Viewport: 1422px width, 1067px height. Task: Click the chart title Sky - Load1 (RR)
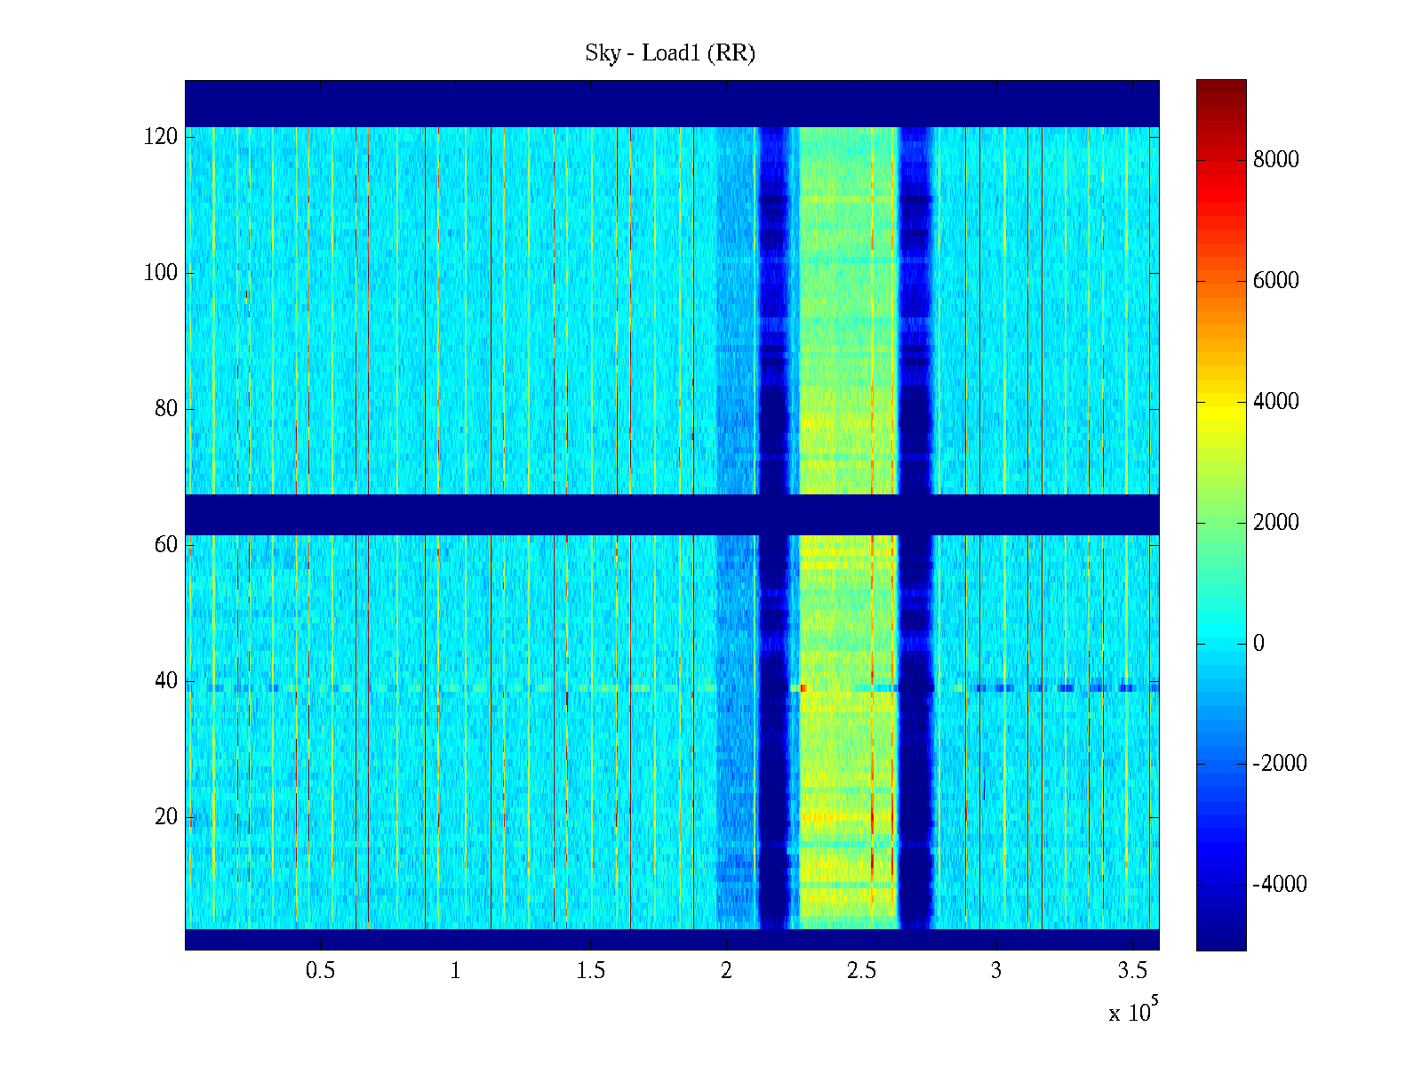point(670,53)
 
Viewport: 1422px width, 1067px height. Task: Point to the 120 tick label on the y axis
point(161,137)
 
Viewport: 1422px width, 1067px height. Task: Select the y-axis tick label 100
point(161,273)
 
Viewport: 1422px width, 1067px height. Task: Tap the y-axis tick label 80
point(166,409)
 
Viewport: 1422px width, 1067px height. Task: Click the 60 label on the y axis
point(166,545)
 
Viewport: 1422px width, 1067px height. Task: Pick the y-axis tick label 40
point(166,681)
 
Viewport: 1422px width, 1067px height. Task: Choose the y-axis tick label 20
point(166,817)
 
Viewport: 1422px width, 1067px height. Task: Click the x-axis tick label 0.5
point(321,971)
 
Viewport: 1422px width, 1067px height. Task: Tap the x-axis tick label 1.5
point(591,971)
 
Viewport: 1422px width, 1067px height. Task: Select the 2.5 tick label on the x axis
point(861,971)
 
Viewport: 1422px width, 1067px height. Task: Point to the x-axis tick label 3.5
point(1131,971)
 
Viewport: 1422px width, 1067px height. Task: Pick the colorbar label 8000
point(1275,160)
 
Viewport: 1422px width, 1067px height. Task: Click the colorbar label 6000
point(1275,281)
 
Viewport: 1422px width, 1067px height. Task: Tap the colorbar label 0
point(1258,644)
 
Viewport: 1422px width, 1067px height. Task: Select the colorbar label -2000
point(1279,764)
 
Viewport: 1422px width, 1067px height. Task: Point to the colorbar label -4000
point(1279,885)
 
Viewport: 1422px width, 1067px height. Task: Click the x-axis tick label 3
point(996,971)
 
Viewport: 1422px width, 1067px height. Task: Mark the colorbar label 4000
point(1275,402)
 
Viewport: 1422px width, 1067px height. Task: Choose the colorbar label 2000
point(1275,523)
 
